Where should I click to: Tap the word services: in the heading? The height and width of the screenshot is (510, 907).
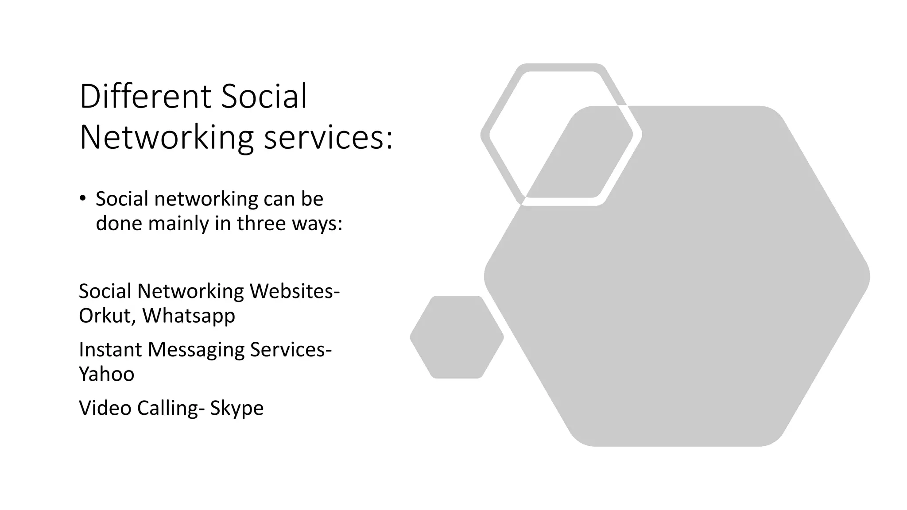click(328, 137)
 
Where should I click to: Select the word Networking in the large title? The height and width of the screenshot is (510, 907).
click(167, 137)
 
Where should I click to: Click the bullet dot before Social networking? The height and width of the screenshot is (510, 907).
click(82, 198)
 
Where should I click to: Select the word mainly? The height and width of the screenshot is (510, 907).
click(178, 224)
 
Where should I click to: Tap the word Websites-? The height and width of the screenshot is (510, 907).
click(295, 291)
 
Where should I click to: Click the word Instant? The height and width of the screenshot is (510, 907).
click(110, 349)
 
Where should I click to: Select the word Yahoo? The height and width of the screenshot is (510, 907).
click(106, 374)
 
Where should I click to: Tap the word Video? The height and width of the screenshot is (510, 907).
click(105, 408)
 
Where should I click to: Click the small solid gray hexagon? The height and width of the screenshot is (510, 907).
click(457, 337)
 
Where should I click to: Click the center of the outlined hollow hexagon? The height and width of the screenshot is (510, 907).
click(561, 135)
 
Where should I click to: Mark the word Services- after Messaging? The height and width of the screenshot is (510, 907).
click(291, 349)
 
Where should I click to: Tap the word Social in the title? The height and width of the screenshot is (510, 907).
click(264, 96)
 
